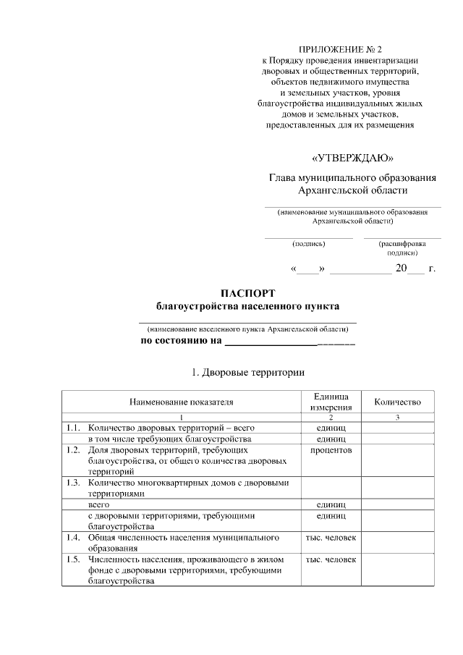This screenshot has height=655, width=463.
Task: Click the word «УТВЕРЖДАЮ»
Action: [352, 158]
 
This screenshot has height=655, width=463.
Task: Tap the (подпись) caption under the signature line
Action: [309, 244]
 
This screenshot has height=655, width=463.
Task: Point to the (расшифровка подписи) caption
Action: [402, 248]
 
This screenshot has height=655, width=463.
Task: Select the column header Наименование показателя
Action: [182, 402]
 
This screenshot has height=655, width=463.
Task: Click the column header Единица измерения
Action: [331, 402]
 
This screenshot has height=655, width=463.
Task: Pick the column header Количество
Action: [397, 402]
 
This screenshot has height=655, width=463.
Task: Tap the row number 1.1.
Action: [72, 428]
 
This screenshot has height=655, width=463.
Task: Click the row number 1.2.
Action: [72, 450]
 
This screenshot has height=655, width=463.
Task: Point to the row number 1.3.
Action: [72, 483]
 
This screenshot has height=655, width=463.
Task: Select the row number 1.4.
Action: [72, 538]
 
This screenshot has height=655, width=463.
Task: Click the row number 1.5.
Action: [72, 560]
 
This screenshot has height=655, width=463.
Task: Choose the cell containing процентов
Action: [331, 450]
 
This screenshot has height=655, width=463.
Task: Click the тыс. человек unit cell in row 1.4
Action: [331, 538]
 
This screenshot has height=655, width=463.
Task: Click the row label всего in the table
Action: [99, 504]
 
